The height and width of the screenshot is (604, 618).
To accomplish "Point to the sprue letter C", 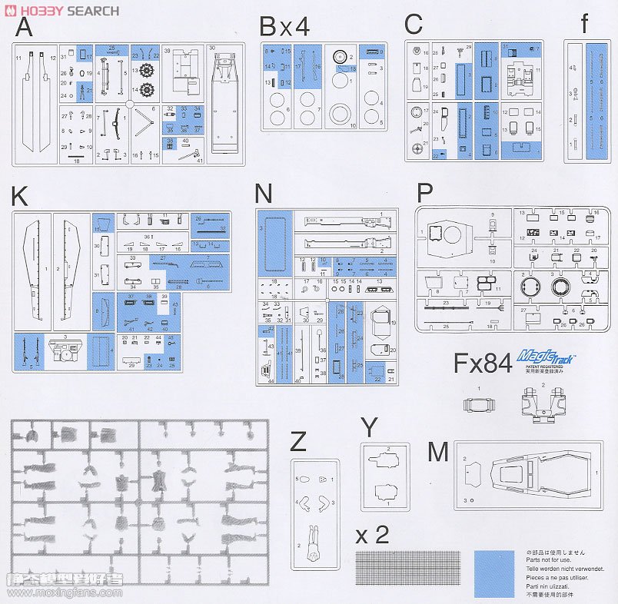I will pos(414,24).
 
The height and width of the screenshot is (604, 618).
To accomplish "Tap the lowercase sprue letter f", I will pos(586,24).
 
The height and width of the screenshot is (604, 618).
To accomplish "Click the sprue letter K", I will pos(20,197).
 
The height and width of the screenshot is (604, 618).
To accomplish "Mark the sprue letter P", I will pos(426,193).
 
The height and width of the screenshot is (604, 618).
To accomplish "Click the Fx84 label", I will pos(482,363).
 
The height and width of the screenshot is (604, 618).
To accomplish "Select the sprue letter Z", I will pos(299,442).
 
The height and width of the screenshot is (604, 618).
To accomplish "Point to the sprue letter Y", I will pos(370,427).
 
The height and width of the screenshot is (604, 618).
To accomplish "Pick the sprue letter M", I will pos(437,452).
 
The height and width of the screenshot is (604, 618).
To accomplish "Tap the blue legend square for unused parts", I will pos(494,572).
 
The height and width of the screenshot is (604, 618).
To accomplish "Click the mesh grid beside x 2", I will pos(410,572).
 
